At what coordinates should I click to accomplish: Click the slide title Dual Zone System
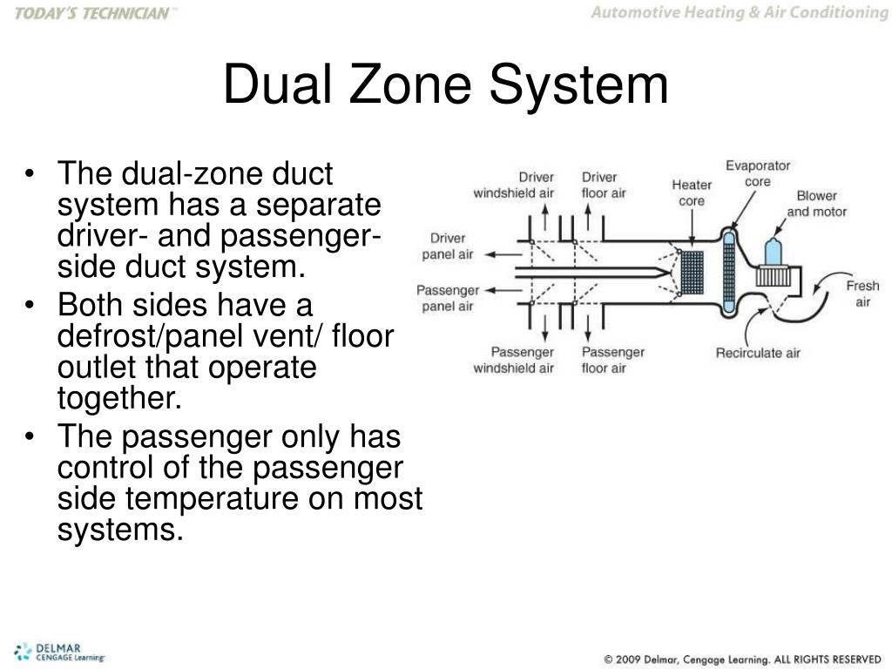point(445,86)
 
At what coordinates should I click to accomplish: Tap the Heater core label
point(692,193)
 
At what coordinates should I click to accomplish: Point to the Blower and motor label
point(816,204)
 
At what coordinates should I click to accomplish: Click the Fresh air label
point(862,294)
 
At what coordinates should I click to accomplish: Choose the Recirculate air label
point(758,353)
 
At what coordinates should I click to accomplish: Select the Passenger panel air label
point(448,298)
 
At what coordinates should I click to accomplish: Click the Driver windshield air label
point(513,185)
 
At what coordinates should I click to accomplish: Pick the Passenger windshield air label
point(513,360)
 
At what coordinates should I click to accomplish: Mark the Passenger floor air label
point(612,360)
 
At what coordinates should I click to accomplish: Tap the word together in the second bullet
point(120,398)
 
